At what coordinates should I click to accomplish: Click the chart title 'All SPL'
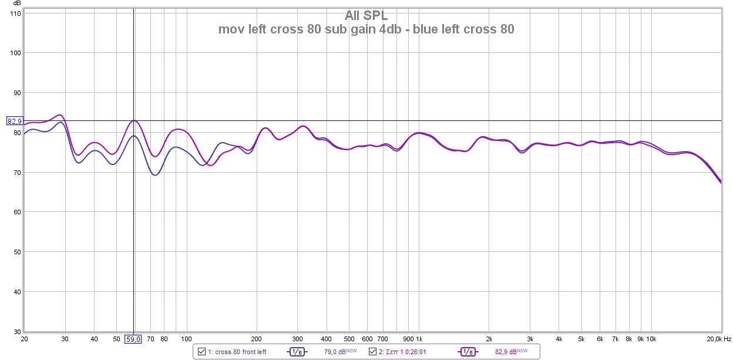pos(366,15)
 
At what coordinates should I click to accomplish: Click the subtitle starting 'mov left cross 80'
pos(366,29)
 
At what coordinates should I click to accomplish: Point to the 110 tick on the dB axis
pos(15,13)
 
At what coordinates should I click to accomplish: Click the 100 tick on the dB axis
pos(15,53)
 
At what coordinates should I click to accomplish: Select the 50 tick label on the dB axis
pos(16,252)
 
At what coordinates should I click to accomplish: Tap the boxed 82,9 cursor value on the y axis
pos(14,121)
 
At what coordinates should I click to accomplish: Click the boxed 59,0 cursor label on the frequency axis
pos(133,339)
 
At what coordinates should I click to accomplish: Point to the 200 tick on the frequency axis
pos(256,339)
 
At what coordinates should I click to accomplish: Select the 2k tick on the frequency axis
pos(489,339)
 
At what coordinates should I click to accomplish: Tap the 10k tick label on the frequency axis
pos(651,339)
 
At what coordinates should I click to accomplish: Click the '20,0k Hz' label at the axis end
pos(718,339)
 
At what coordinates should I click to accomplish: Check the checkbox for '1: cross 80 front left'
pos(202,352)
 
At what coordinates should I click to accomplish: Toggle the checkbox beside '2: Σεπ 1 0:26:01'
pos(372,352)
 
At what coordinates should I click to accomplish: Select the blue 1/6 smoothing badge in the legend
pos(297,352)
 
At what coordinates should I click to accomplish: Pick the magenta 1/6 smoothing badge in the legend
pos(468,352)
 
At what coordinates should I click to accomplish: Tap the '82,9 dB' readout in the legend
pos(506,352)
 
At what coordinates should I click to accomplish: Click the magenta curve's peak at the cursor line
pos(134,120)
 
